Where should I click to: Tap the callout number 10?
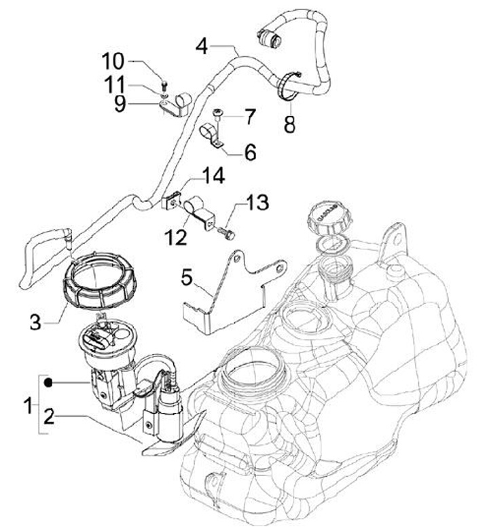[x=113, y=61]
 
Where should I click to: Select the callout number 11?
[x=113, y=85]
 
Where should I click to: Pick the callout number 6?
[x=250, y=152]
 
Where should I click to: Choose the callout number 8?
[x=290, y=125]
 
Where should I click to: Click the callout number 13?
[x=257, y=202]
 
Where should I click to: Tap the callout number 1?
[x=28, y=407]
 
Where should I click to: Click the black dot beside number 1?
[x=50, y=384]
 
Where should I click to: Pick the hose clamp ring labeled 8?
[x=289, y=86]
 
